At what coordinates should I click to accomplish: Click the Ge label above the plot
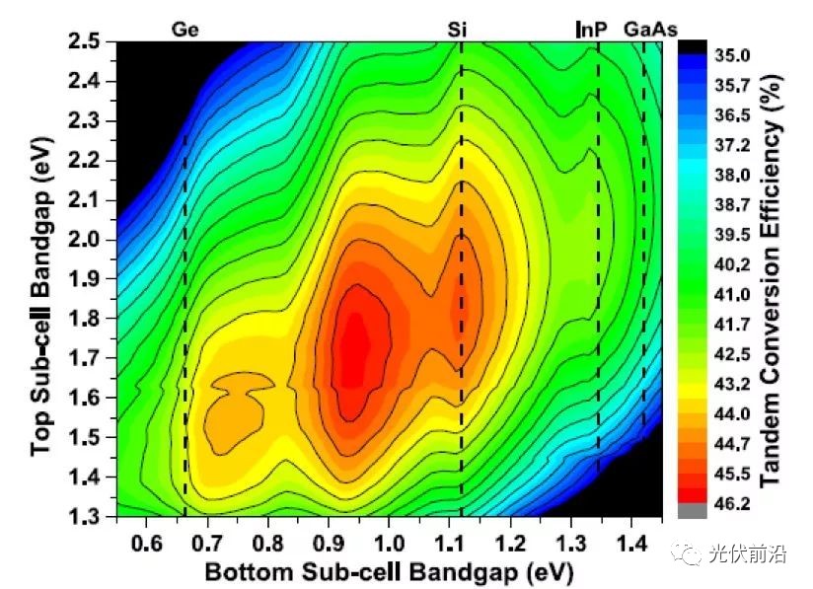185,30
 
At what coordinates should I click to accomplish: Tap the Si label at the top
457,30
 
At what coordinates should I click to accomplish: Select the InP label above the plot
589,30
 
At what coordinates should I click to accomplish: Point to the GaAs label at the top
650,30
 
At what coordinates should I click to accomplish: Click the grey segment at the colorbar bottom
692,510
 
